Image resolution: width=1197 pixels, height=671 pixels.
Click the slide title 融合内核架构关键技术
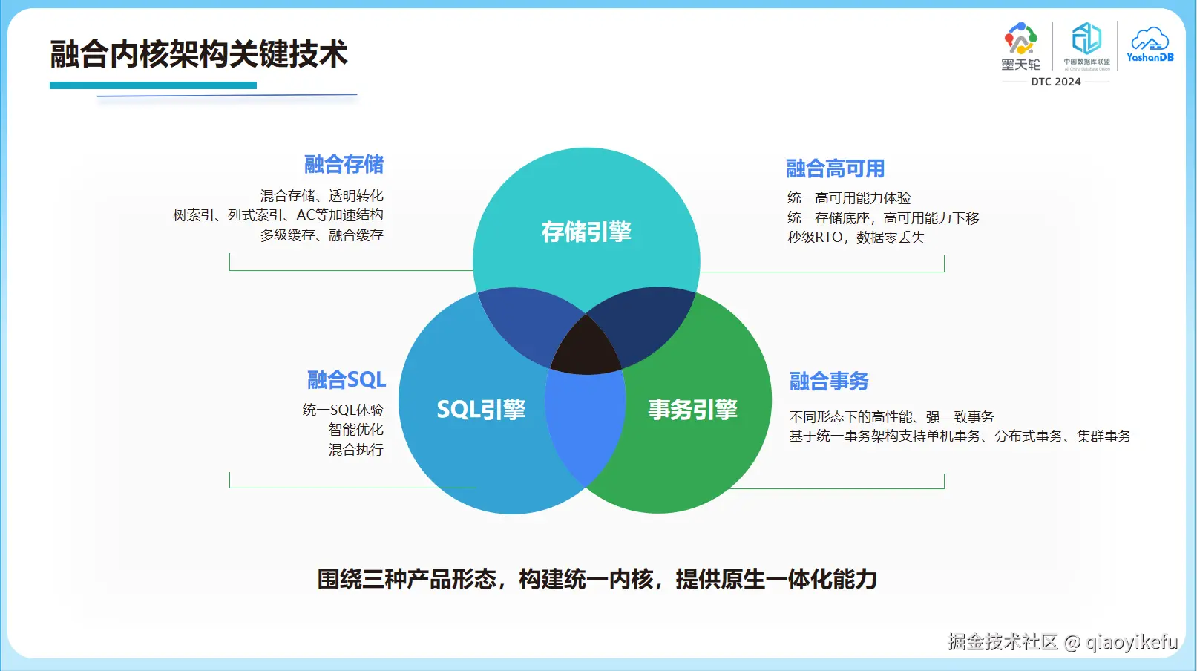pyautogui.click(x=198, y=55)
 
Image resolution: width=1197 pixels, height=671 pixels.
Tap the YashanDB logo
pyautogui.click(x=1150, y=45)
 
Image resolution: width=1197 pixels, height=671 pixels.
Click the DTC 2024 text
pyautogui.click(x=1055, y=82)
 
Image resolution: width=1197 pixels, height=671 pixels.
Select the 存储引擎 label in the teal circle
pyautogui.click(x=586, y=232)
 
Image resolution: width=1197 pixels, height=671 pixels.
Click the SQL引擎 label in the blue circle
pyautogui.click(x=481, y=409)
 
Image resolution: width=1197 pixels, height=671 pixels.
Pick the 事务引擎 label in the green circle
pyautogui.click(x=692, y=409)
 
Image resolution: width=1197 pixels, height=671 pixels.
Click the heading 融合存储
pyautogui.click(x=344, y=164)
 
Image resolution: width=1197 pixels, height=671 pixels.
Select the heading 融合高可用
pyautogui.click(x=835, y=168)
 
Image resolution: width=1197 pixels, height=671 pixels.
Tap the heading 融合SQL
pyautogui.click(x=347, y=380)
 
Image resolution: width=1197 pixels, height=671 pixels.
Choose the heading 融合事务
pyautogui.click(x=829, y=381)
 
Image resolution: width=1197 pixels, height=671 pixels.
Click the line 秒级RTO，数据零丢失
pyautogui.click(x=856, y=238)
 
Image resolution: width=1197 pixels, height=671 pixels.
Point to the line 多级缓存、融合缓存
pyautogui.click(x=321, y=235)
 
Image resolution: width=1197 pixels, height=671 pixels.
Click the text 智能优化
pyautogui.click(x=355, y=430)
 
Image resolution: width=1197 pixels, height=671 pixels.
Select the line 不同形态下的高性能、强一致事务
pyautogui.click(x=891, y=417)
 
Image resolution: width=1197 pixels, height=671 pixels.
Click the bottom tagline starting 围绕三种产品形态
pyautogui.click(x=597, y=579)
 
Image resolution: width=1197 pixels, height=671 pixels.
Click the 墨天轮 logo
pyautogui.click(x=1021, y=46)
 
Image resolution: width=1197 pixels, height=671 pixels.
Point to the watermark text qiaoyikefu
pyautogui.click(x=1132, y=642)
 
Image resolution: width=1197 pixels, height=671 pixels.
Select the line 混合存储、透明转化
pyautogui.click(x=321, y=196)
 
